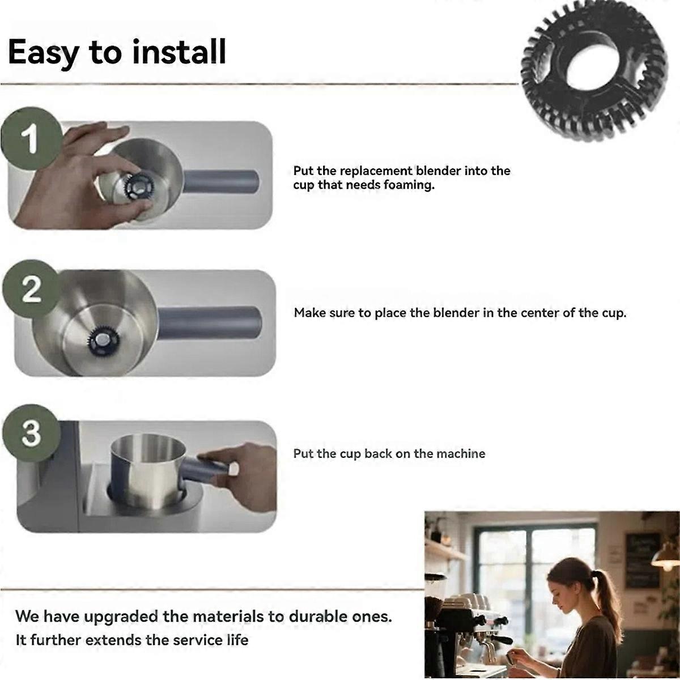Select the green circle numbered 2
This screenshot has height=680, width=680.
point(31,288)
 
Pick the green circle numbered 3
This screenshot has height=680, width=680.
point(31,433)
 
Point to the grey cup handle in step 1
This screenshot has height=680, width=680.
point(221,181)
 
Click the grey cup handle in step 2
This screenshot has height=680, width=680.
point(210,322)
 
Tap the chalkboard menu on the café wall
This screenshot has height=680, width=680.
point(642,560)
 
